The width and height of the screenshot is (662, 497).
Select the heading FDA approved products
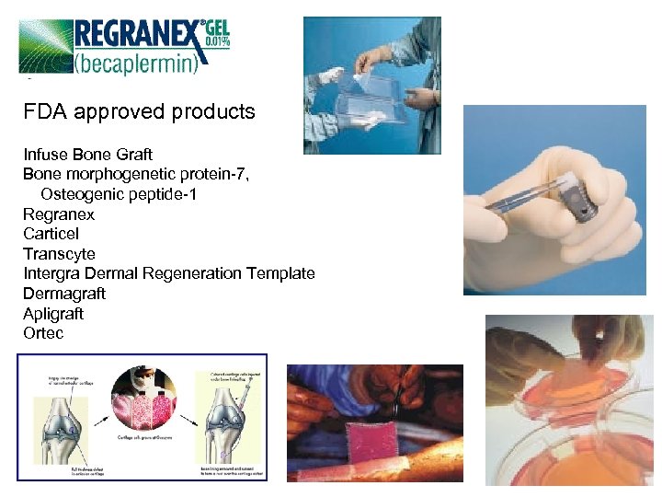pos(140,112)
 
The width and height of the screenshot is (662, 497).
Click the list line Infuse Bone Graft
pos(88,154)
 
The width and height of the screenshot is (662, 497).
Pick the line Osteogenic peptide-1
pos(119,194)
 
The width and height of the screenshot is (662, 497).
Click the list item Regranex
pos(59,214)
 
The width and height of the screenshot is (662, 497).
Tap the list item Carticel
pos(51,234)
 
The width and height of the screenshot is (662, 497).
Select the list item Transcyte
pos(59,254)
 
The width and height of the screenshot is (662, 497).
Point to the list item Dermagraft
pos(64,294)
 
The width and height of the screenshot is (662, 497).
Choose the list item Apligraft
pos(53,314)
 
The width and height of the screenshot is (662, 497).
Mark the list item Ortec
pos(43,333)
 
